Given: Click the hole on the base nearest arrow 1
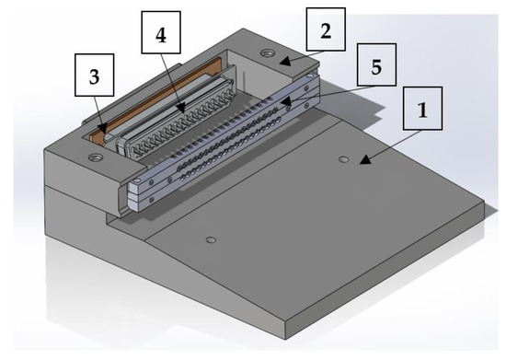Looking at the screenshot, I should pos(343,159).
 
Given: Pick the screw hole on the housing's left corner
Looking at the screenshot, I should pos(93,158).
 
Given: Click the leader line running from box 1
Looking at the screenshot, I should pos(390,142).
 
